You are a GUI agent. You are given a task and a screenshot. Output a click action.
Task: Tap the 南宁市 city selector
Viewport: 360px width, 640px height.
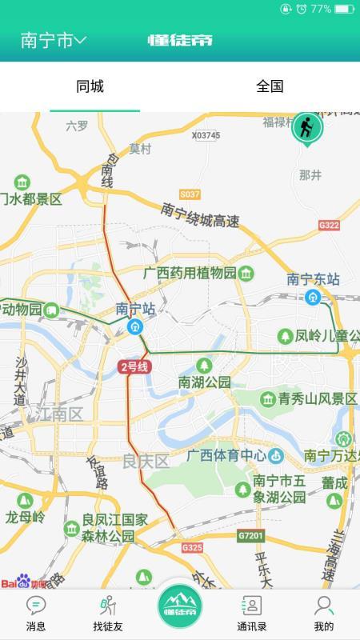click(x=53, y=41)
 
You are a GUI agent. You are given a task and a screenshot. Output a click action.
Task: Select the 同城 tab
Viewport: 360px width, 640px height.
click(x=90, y=86)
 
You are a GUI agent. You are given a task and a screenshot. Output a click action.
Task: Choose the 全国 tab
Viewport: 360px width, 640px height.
click(x=270, y=86)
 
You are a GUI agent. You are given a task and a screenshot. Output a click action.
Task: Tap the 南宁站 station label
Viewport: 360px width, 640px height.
click(x=134, y=308)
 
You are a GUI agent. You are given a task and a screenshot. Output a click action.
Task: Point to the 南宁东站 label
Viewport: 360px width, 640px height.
click(x=314, y=279)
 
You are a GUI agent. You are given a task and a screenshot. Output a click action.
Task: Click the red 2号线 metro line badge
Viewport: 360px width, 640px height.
click(x=134, y=367)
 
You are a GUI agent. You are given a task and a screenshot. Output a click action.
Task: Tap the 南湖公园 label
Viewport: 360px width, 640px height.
click(x=204, y=382)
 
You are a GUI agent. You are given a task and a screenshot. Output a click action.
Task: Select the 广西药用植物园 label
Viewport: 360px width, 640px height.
click(x=190, y=273)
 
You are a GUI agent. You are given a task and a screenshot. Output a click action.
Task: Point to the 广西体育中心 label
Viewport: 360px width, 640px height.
click(x=226, y=456)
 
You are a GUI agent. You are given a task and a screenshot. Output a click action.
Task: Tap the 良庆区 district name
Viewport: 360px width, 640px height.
click(x=146, y=461)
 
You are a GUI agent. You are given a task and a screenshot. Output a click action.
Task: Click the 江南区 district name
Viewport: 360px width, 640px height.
click(x=58, y=414)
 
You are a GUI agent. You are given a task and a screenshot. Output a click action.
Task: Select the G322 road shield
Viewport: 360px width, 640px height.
click(x=329, y=226)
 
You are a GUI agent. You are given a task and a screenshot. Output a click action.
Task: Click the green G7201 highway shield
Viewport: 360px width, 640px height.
click(x=250, y=534)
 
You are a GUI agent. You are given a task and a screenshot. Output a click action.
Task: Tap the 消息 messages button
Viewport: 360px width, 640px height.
click(x=36, y=614)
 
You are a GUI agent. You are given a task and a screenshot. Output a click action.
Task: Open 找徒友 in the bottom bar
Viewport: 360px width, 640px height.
click(x=108, y=614)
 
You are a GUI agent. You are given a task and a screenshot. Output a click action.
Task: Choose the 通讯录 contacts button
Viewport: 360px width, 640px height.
click(x=251, y=614)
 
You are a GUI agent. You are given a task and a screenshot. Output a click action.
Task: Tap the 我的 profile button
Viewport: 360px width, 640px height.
click(x=323, y=614)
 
